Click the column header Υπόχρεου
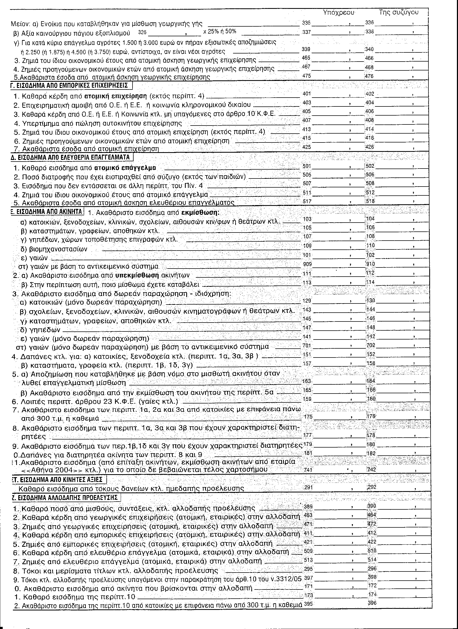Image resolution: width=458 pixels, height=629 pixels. click(x=338, y=12)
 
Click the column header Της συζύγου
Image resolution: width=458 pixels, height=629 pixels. click(x=399, y=12)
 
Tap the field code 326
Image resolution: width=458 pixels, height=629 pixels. click(x=142, y=33)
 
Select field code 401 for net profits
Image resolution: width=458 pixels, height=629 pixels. click(x=307, y=94)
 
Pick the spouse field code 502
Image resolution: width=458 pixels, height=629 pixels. click(x=370, y=166)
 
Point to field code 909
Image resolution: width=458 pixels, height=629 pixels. click(x=307, y=264)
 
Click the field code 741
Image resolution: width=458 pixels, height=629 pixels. click(x=308, y=470)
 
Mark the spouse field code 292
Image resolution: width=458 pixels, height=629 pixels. click(x=371, y=487)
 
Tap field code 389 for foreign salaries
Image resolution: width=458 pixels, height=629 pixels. click(x=308, y=506)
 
